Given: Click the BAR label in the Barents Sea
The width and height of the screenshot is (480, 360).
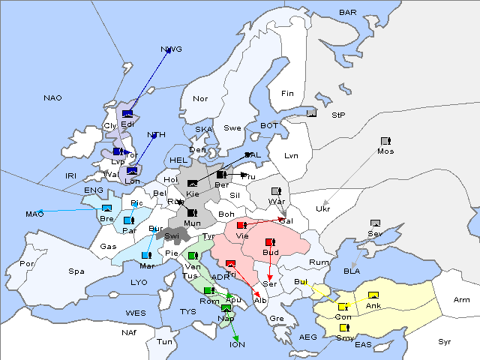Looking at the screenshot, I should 347,12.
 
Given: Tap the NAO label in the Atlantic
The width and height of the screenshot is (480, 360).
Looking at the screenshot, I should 52,97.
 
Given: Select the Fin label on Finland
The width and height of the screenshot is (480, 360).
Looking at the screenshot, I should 287,93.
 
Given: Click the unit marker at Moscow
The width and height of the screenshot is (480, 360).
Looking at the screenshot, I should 385,141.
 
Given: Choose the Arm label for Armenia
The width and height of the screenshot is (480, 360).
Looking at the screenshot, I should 462,300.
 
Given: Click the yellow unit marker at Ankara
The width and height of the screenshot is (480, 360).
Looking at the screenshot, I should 373,295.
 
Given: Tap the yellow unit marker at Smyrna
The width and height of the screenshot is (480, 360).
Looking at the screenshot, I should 344,328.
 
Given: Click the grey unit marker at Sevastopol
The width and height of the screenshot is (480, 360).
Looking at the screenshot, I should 375,223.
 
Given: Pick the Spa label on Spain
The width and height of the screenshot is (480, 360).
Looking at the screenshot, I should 76,271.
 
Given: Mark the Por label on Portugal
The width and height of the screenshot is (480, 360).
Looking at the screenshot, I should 27,263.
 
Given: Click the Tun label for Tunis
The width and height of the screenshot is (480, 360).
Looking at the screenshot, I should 164,341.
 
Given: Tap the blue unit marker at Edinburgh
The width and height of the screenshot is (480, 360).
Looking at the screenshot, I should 127,114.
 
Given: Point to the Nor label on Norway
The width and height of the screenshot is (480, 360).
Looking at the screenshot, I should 200,98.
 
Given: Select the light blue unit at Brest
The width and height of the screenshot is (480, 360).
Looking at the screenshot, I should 106,208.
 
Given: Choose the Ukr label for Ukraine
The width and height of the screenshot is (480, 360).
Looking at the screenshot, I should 323,208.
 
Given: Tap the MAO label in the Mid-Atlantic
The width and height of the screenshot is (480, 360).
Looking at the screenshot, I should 34,214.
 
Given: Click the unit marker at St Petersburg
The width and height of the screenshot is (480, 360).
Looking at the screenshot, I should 312,114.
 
